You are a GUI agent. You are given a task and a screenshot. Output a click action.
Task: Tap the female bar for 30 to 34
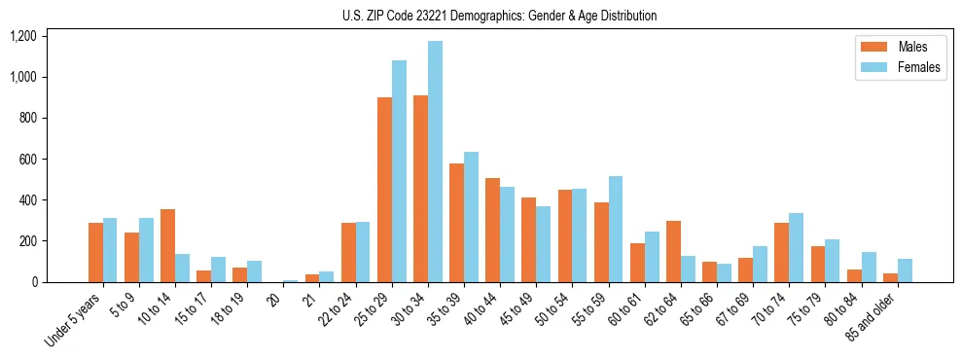click(435, 162)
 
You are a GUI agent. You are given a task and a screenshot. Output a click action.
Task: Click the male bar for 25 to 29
click(384, 190)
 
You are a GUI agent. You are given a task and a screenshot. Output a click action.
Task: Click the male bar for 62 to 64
click(673, 252)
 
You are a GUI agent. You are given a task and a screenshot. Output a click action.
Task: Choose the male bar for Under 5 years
click(95, 253)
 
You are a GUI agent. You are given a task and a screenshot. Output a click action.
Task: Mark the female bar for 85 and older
click(905, 270)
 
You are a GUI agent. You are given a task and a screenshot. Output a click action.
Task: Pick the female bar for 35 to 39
click(471, 217)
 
